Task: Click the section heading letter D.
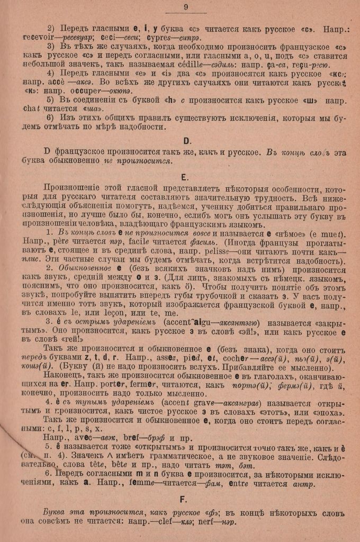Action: pos(187,141)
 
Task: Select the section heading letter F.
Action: pos(183,499)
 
